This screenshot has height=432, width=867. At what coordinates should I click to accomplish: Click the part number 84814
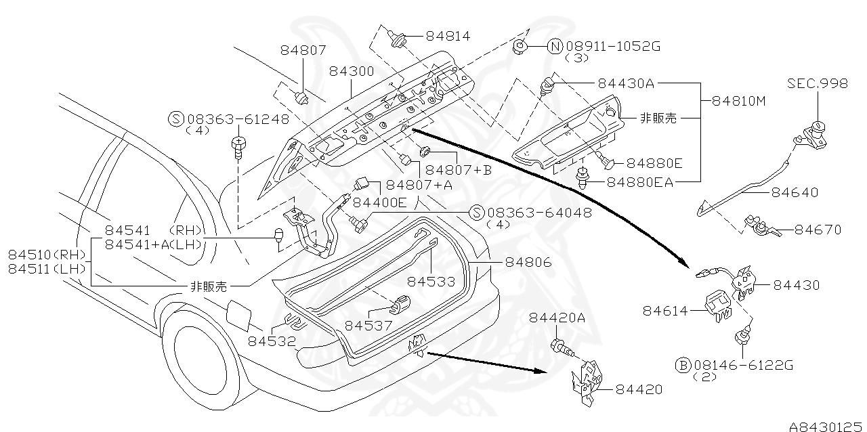click(448, 36)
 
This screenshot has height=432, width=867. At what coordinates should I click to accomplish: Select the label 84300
click(352, 71)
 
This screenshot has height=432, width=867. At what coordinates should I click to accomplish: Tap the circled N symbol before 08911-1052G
click(555, 46)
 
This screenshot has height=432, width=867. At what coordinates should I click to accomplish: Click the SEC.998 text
click(817, 83)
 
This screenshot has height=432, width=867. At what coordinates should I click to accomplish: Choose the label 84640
click(794, 192)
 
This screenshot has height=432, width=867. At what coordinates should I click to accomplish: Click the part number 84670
click(818, 230)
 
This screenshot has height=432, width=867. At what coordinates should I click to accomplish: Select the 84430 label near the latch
click(796, 285)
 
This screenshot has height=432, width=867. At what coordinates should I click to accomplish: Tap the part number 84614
click(665, 311)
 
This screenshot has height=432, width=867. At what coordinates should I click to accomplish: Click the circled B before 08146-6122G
click(683, 365)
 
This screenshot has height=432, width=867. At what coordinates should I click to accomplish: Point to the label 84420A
click(557, 318)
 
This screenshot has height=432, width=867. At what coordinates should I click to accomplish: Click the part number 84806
click(528, 261)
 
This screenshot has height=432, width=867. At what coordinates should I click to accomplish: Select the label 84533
click(431, 281)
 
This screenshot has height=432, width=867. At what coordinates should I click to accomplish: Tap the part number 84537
click(368, 325)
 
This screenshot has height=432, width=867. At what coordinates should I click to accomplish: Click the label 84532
click(271, 341)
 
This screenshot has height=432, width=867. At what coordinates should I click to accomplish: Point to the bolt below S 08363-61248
click(238, 146)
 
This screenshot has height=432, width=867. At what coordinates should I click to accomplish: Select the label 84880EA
click(639, 182)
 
